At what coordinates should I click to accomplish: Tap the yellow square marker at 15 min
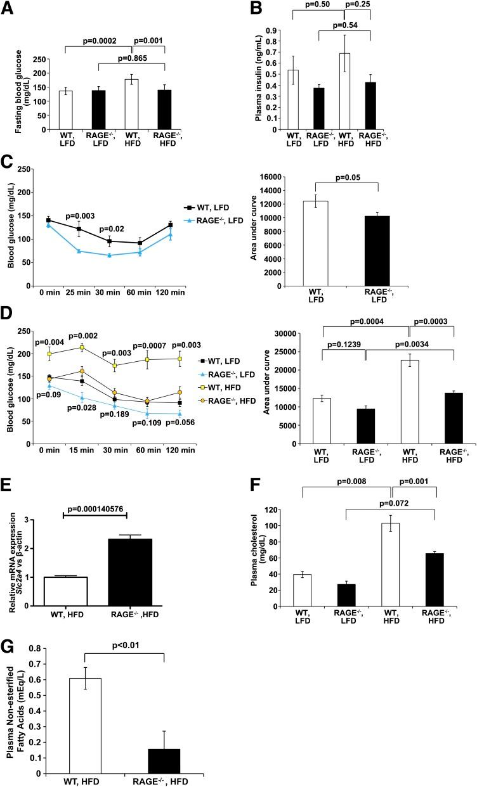[x=82, y=347]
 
